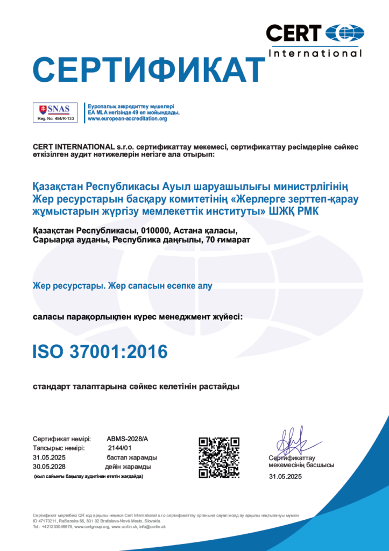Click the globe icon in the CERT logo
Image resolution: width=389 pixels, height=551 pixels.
tap(345, 33)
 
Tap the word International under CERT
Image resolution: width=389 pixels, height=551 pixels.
tap(315, 53)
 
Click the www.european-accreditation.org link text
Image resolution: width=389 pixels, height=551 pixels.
tap(127, 118)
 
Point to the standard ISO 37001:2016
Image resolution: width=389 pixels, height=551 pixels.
tap(100, 351)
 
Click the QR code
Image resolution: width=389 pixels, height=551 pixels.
tap(219, 457)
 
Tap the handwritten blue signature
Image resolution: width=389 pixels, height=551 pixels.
tap(291, 442)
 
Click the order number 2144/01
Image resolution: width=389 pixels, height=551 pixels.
tap(120, 448)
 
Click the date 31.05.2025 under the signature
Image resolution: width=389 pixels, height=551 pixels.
tap(285, 477)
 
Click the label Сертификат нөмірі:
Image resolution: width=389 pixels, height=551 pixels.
tap(61, 439)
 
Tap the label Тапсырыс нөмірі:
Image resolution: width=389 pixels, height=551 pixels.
tap(58, 448)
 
